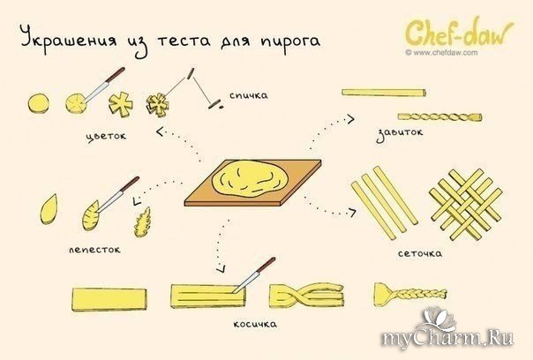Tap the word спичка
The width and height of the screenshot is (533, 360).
(x=248, y=94)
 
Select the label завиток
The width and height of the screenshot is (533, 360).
(x=400, y=133)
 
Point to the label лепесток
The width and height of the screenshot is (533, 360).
(x=94, y=250)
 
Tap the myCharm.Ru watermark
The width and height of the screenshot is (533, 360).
(x=459, y=338)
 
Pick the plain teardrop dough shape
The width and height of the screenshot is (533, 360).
(x=51, y=211)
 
